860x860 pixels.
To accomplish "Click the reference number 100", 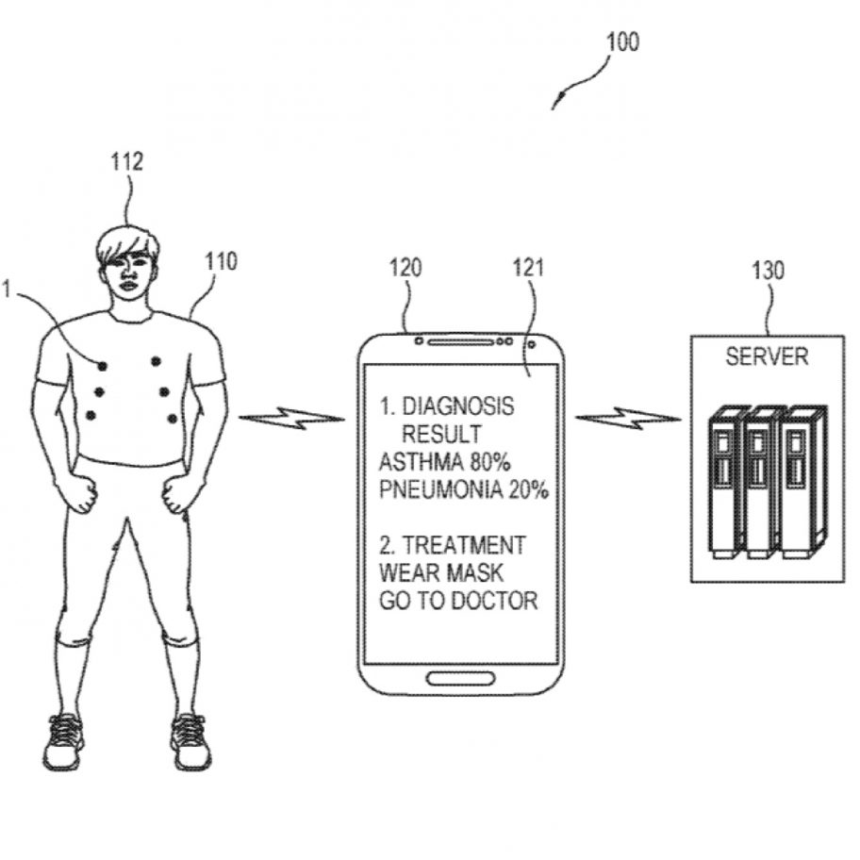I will [621, 42].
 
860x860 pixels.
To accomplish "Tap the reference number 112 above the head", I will [126, 161].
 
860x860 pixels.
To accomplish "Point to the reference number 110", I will [222, 260].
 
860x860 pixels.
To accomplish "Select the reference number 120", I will [406, 268].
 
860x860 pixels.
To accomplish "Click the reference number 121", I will [529, 268].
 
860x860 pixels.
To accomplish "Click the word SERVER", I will [767, 356].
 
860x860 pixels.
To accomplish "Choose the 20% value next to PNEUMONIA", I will [527, 490].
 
